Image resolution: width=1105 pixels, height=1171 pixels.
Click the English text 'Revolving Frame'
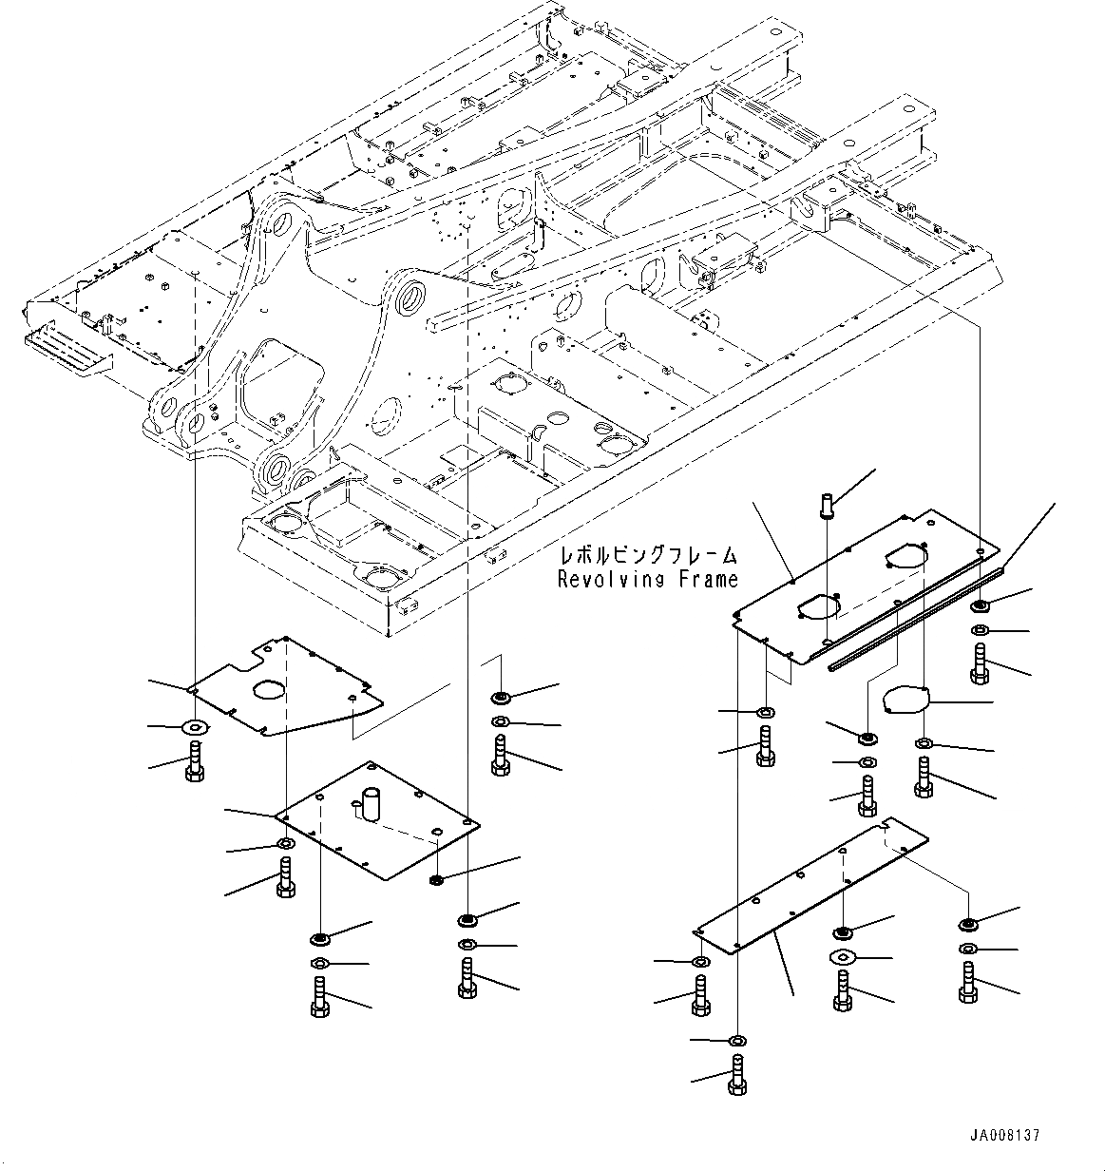647,579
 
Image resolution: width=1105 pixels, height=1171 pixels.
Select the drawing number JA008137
1005,1135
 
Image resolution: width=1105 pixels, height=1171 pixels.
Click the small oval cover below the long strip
903,701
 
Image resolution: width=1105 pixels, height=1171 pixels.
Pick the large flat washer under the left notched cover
196,728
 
